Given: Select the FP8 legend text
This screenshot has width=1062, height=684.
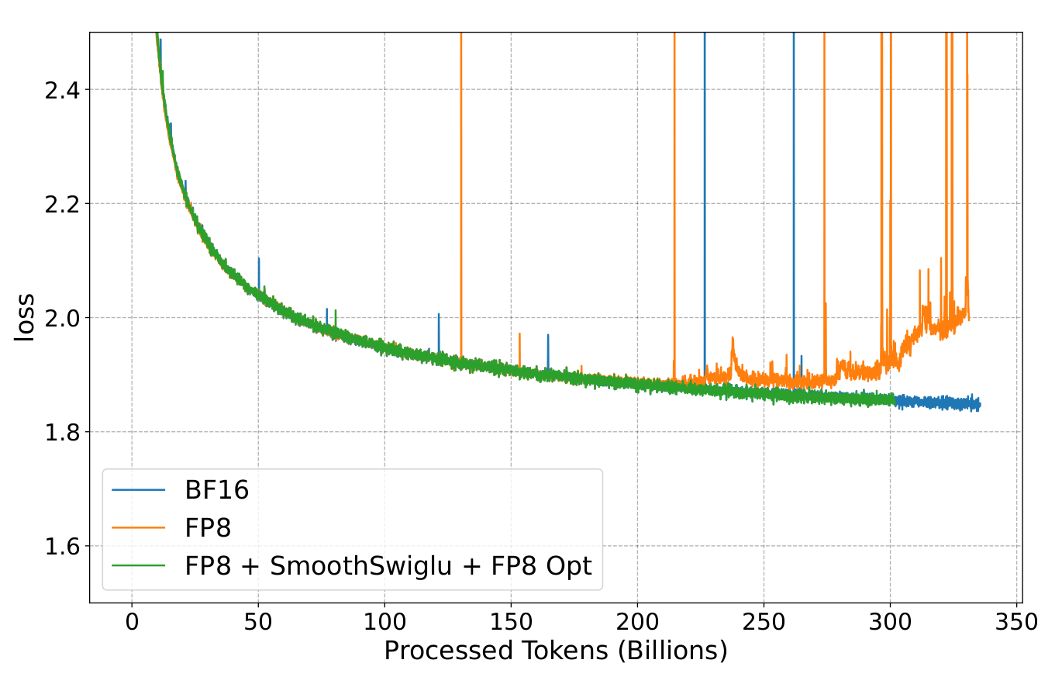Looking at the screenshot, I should pos(208,528).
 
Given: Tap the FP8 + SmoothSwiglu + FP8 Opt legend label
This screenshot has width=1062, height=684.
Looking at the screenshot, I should pos(388,566).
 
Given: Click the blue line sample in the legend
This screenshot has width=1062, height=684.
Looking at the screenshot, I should pos(139,490).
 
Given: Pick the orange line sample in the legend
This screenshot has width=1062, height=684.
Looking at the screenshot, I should pos(139,528).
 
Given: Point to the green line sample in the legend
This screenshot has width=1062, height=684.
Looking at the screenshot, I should pos(139,566).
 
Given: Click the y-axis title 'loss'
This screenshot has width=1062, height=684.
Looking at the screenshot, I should pos(25,317).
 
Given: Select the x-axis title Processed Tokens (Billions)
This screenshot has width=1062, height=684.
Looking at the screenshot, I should pos(556,651).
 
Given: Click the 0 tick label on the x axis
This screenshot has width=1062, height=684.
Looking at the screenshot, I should pos(132,623).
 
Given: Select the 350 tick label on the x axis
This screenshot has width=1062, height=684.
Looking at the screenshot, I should pos(1016,623).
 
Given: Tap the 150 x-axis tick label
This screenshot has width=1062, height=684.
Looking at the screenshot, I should pos(511,623).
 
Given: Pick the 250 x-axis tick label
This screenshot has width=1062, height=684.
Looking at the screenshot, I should pos(764,623).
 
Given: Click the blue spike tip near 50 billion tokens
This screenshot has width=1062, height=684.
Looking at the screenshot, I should pos(259,258).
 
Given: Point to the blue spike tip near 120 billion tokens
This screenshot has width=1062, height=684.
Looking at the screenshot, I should pos(439,314).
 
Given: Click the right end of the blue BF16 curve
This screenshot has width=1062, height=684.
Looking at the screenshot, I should pos(980,405).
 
